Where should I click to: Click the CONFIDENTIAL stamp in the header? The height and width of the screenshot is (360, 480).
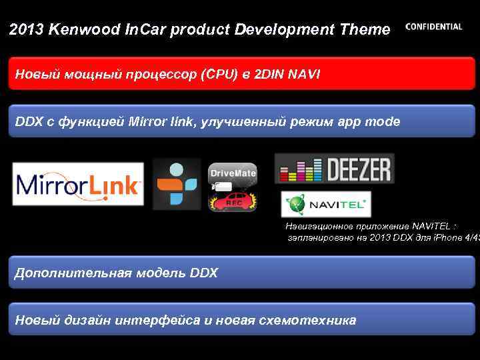click(x=433, y=27)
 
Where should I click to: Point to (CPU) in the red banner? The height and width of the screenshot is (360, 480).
click(x=218, y=74)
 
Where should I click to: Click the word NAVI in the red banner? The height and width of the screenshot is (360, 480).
click(x=304, y=74)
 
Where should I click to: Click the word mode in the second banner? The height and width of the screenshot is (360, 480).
click(x=383, y=122)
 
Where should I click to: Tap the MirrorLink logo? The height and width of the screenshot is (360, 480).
click(x=77, y=184)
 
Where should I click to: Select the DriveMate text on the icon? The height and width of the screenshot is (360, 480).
click(x=233, y=173)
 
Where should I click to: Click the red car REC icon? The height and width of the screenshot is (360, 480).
click(x=233, y=200)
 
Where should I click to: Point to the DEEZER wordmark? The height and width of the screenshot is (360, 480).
click(x=357, y=169)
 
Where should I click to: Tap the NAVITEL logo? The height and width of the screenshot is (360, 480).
click(x=326, y=204)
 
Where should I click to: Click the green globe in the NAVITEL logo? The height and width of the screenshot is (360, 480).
click(x=295, y=204)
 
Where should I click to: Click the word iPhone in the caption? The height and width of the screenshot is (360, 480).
click(x=440, y=237)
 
